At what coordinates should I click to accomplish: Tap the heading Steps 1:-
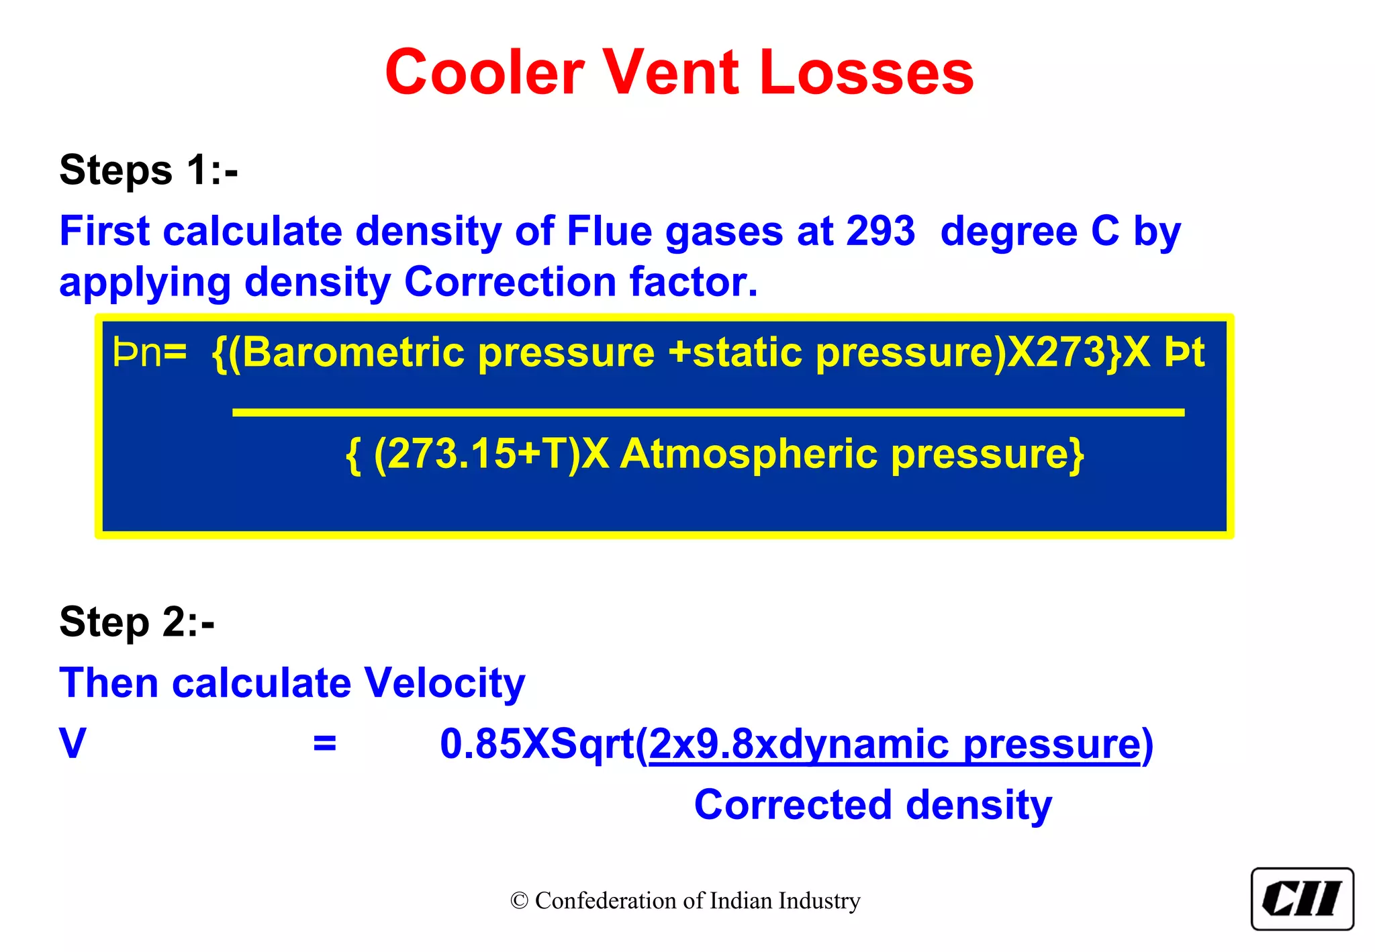(148, 170)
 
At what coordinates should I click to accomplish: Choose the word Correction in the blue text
(510, 282)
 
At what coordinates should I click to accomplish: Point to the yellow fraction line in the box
(708, 412)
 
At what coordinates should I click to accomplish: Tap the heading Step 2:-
(137, 622)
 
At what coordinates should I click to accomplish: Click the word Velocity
(444, 683)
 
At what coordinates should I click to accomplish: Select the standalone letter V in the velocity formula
(73, 744)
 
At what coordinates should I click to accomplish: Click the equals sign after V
(324, 744)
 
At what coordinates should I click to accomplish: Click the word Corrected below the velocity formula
(793, 805)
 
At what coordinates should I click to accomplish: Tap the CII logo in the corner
(1302, 899)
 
